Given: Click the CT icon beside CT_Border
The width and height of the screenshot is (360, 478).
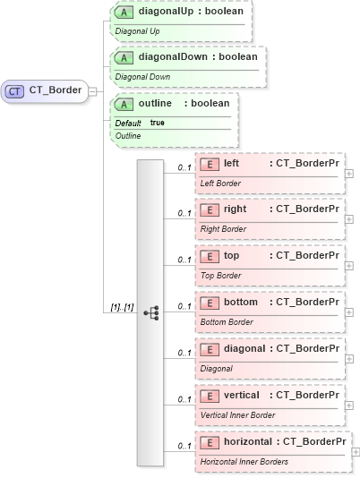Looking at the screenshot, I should (15, 90).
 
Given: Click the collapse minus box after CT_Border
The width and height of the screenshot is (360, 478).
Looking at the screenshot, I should (92, 90).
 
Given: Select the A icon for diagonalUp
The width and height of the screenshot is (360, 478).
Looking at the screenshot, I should (126, 13).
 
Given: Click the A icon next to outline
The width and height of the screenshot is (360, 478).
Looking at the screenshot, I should (126, 104).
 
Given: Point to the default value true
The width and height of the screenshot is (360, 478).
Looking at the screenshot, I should (157, 122).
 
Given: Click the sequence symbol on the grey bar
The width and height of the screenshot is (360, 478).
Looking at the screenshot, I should (150, 312).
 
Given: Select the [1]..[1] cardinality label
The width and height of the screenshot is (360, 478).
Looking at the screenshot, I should (122, 307).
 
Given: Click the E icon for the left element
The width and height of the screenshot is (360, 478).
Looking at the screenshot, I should (209, 164).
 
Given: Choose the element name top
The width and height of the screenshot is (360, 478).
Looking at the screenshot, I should (232, 256).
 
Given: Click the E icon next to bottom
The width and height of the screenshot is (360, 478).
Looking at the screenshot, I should (209, 303).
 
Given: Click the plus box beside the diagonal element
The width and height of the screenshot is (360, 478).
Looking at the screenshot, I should (349, 359).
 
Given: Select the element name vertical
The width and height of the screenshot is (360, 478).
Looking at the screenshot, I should (242, 395).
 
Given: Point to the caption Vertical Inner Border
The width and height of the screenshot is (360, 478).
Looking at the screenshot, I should (237, 414).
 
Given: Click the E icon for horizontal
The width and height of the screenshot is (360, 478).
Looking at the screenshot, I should (209, 442).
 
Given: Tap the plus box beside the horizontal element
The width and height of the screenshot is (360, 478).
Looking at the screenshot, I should (356, 452).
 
